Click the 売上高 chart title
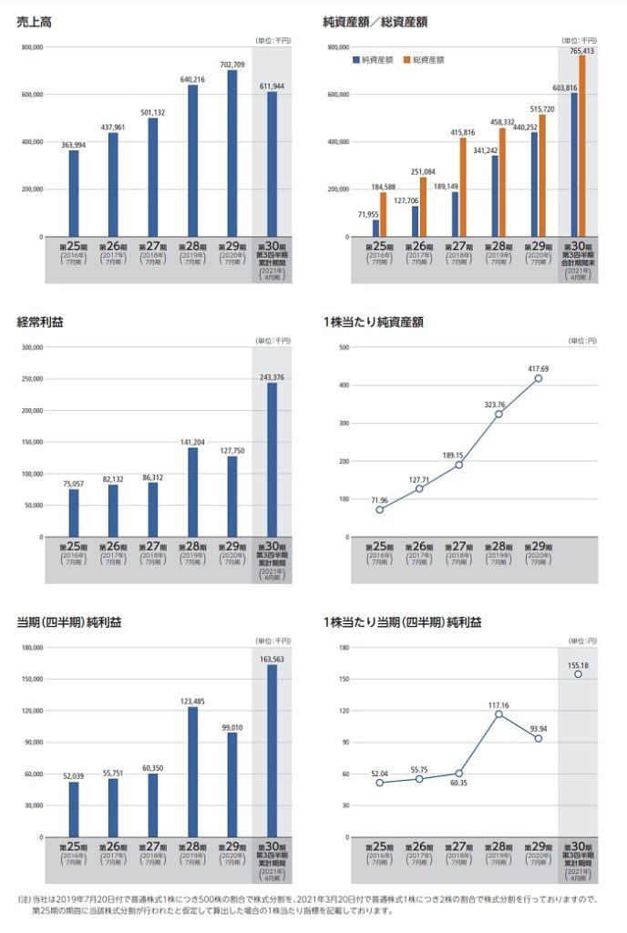(34, 21)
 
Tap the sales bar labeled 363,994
(73, 193)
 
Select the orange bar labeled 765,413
(582, 146)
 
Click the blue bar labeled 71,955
(375, 228)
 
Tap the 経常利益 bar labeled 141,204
(192, 492)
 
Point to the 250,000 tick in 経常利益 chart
(31, 379)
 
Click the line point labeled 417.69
(539, 378)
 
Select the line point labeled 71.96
(379, 509)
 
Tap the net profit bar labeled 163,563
(272, 751)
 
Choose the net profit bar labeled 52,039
(73, 809)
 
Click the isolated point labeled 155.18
(578, 674)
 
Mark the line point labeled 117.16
(499, 713)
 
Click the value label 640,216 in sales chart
(192, 79)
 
